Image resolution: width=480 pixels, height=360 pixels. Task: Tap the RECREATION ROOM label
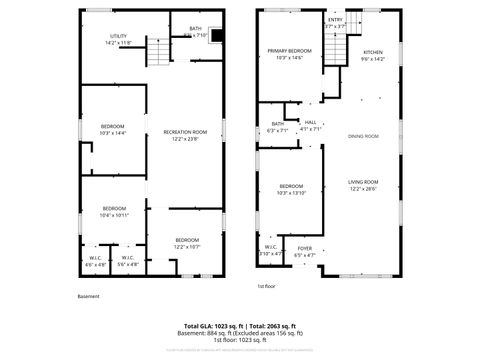tap(185, 132)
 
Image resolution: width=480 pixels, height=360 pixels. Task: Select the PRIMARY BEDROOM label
tap(289, 51)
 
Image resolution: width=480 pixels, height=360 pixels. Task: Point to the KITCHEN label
tap(372, 52)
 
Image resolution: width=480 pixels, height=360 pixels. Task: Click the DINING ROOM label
tap(363, 136)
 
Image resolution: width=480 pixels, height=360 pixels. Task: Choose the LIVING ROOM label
tap(363, 181)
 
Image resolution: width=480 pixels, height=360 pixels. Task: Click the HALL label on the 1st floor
tap(310, 122)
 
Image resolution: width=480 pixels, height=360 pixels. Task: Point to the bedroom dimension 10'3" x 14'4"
tap(113, 133)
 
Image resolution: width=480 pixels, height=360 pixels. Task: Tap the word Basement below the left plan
tap(89, 296)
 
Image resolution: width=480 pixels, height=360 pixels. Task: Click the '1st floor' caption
tap(266, 286)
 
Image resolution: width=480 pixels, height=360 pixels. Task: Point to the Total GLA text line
tap(244, 326)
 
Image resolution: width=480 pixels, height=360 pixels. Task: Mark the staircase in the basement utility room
tap(157, 51)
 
